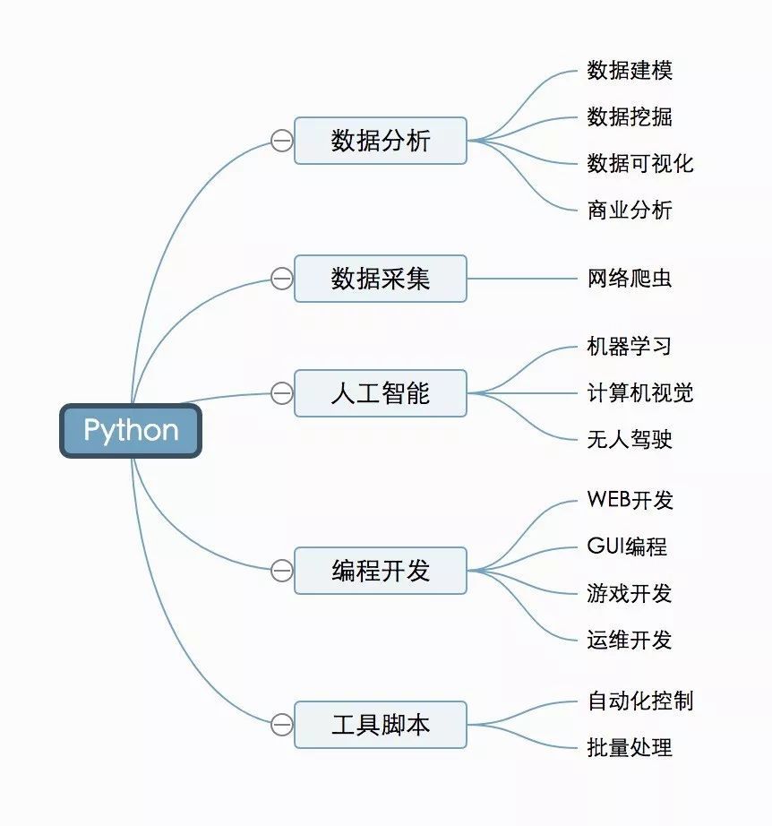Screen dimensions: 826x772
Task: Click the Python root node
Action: (x=131, y=431)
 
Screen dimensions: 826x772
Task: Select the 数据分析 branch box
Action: (x=381, y=141)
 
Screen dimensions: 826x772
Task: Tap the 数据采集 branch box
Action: (x=381, y=279)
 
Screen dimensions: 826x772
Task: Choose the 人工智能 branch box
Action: (x=381, y=393)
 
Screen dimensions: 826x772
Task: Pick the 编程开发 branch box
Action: (x=381, y=571)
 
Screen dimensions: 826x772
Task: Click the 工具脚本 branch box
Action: (x=381, y=725)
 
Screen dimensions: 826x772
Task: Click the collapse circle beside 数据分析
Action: (x=281, y=141)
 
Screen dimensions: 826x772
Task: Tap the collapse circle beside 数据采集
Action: (x=281, y=279)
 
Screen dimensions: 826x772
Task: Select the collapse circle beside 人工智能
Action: (x=281, y=393)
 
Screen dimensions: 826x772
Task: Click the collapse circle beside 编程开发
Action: (x=281, y=571)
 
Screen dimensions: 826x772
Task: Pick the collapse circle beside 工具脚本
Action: (x=281, y=725)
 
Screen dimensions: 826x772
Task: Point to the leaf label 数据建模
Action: (x=630, y=71)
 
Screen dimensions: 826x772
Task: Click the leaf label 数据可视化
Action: (x=639, y=164)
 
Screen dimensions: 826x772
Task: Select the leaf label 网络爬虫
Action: (x=630, y=279)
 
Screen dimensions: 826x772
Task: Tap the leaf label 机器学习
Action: (x=630, y=347)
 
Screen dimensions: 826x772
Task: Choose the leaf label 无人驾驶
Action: (x=630, y=440)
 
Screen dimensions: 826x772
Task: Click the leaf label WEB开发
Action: (x=630, y=501)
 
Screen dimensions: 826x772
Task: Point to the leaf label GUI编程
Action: (x=627, y=547)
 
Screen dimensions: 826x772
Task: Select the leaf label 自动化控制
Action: (x=639, y=701)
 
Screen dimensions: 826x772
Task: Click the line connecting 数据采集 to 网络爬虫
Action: (x=524, y=279)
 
